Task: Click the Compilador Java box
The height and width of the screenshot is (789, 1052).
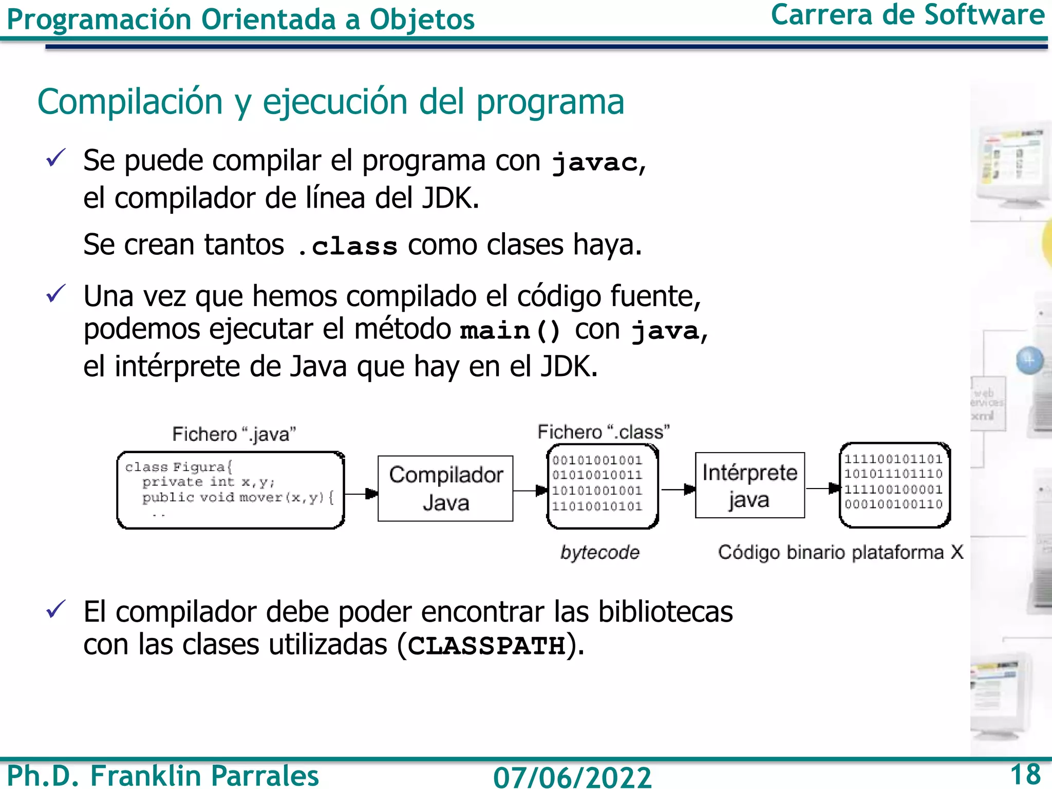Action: pos(445,489)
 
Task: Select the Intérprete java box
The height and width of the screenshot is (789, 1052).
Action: pos(749,485)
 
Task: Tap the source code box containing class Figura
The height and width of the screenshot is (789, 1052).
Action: pos(231,490)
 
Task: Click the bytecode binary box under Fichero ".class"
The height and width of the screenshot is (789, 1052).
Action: pos(603,486)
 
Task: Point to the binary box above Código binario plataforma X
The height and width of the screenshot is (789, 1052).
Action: pos(894,485)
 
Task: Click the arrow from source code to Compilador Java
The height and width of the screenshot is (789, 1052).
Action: pos(361,494)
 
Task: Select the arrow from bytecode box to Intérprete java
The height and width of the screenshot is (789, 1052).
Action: pos(678,490)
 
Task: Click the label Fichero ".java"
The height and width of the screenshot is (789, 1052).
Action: pos(234,435)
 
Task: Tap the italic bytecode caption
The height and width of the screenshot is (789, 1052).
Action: pos(599,553)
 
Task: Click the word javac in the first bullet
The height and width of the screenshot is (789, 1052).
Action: pos(594,163)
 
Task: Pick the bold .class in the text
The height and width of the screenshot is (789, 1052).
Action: pos(348,246)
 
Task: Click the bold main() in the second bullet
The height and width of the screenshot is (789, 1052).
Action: pos(510,330)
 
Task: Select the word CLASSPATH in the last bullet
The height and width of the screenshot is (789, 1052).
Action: pos(486,646)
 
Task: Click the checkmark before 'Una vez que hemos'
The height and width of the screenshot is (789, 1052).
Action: pos(55,294)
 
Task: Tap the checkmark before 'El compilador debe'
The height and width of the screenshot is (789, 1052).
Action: pos(55,610)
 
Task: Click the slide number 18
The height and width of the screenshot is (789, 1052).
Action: pos(1025,774)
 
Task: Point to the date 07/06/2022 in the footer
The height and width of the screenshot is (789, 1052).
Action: pos(572,776)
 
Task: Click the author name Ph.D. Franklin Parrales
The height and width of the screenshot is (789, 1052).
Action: pos(163,775)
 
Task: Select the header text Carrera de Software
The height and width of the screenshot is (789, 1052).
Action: pos(907,15)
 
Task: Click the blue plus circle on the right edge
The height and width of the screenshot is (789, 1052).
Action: pos(1029,361)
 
